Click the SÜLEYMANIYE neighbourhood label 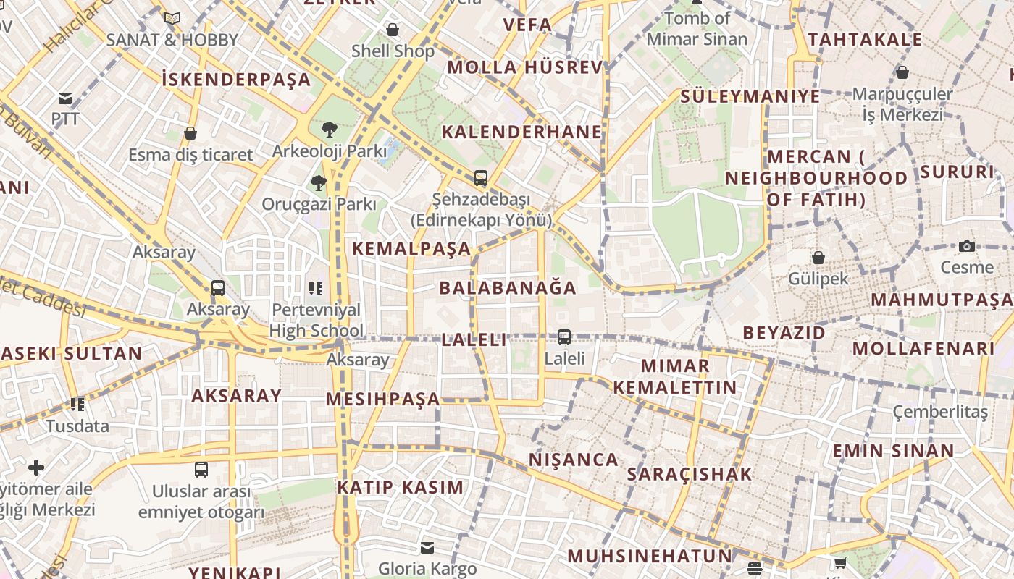point(750,96)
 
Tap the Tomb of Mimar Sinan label point(697,28)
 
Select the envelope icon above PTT point(65,98)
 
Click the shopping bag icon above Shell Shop point(393,30)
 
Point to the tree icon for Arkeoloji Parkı point(330,130)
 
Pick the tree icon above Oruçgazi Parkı point(318,182)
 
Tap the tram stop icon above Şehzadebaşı point(480,177)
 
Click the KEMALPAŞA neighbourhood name point(411,249)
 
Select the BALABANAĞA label point(508,288)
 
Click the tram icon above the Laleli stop point(563,337)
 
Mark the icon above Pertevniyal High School point(315,289)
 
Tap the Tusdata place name point(77,426)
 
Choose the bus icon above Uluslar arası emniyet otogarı point(201,469)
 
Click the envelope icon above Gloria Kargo point(427,547)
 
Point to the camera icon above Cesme point(966,247)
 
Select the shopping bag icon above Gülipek point(818,258)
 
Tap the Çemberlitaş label point(939,412)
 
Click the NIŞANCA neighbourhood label point(573,460)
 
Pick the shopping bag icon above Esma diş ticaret point(190,133)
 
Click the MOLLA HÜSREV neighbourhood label point(524,68)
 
